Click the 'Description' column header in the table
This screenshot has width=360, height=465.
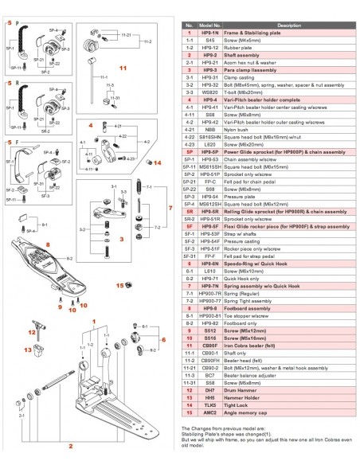click(288, 25)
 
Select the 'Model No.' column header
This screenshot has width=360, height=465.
click(210, 25)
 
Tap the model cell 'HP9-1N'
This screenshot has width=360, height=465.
click(210, 32)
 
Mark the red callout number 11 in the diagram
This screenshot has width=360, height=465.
click(123, 68)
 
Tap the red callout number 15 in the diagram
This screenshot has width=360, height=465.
click(119, 284)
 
